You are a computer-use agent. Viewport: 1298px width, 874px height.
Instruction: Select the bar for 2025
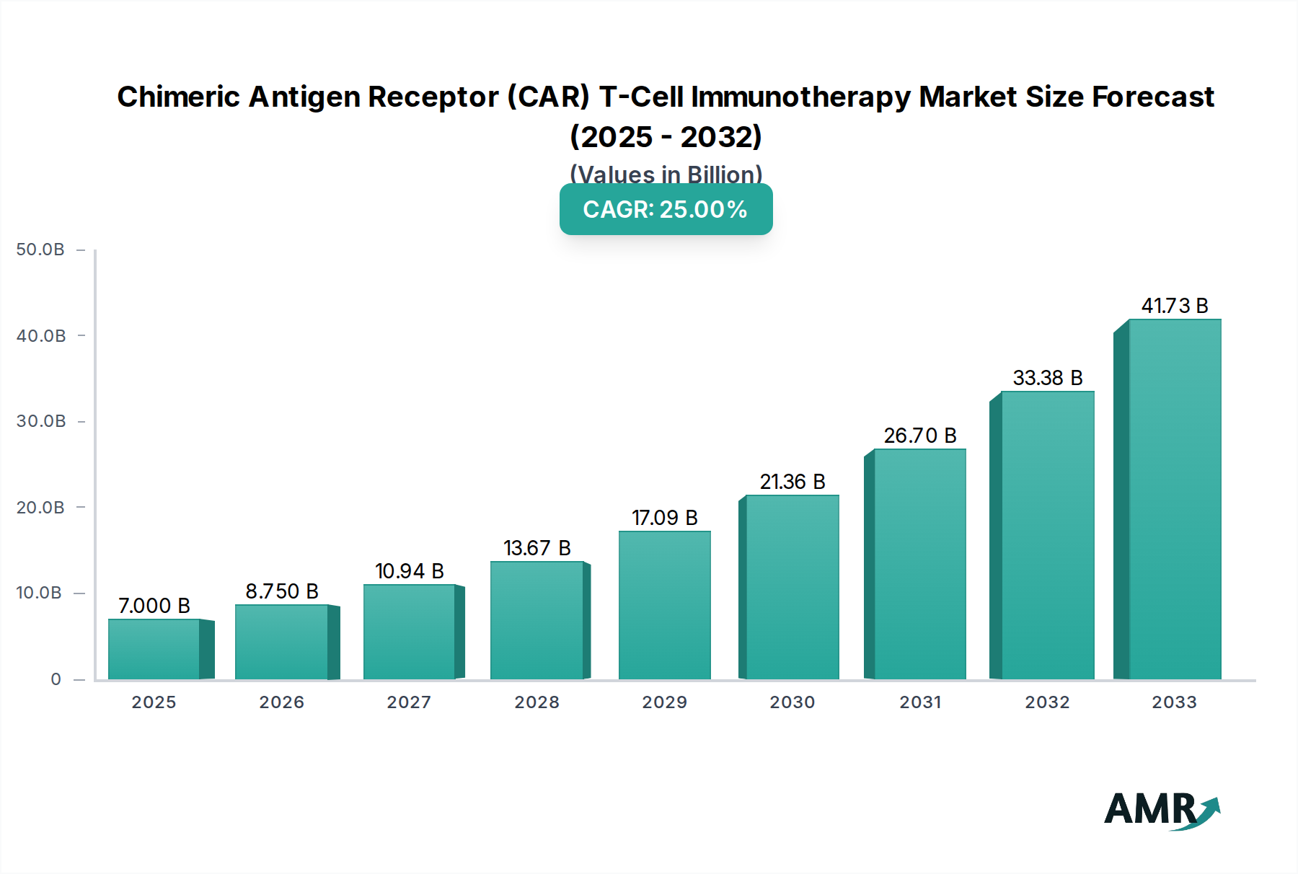pos(154,649)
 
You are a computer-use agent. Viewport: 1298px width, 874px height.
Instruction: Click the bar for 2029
pos(665,606)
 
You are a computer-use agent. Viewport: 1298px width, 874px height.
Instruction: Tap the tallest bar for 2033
pos(1175,499)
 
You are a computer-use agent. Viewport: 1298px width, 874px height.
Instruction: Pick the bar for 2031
pos(919,564)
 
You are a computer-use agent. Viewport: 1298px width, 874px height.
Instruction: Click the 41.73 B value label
pos(1175,306)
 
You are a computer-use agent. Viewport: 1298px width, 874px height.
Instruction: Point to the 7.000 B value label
pos(154,606)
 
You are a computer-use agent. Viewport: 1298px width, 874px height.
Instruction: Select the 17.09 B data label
pos(665,518)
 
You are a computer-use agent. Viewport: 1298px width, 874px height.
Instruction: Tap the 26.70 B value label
pos(920,436)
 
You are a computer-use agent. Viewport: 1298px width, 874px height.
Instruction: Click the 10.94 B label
pos(410,571)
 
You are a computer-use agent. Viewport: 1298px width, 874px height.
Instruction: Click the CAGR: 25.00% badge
pos(666,209)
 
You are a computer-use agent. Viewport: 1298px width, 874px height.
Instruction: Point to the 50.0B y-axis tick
pos(40,250)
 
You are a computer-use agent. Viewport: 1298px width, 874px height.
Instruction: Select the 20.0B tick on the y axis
pos(40,508)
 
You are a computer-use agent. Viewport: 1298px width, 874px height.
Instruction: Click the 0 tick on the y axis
pos(56,679)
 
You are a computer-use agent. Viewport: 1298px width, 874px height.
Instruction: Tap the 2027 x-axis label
pos(409,702)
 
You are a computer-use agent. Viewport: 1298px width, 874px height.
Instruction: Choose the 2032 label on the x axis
pos(1047,702)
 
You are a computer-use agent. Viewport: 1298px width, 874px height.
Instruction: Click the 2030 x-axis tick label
pos(792,702)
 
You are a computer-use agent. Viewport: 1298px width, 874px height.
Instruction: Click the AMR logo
pos(1161,809)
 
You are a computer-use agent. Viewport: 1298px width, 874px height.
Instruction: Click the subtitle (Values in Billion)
pos(666,174)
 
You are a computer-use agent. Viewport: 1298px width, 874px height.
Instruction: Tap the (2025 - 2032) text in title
pos(666,136)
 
